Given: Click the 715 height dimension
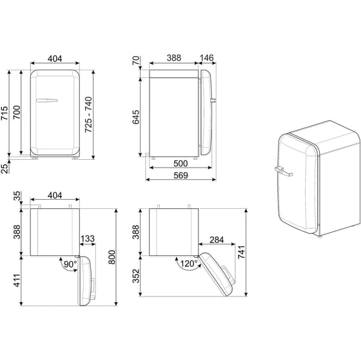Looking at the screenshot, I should pyautogui.click(x=5, y=114).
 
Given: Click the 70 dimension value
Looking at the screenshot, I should pyautogui.click(x=135, y=63).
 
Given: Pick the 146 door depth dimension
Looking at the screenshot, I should pyautogui.click(x=206, y=58).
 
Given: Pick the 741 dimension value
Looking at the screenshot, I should pyautogui.click(x=242, y=253).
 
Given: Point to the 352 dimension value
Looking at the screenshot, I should pyautogui.click(x=135, y=275).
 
